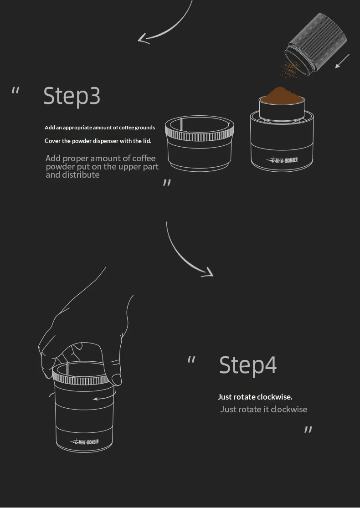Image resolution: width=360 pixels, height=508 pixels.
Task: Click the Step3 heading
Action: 72,96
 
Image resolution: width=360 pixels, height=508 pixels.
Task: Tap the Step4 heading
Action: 248,365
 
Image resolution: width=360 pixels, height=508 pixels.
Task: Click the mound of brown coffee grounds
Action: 282,95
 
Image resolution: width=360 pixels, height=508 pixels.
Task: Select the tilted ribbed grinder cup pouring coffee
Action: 316,44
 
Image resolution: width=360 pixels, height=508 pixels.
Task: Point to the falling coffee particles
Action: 290,70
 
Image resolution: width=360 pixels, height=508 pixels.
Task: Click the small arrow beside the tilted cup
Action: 342,61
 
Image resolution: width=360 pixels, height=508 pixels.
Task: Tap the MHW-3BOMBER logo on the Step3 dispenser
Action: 282,160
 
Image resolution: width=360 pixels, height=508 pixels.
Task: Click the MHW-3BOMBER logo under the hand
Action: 85,441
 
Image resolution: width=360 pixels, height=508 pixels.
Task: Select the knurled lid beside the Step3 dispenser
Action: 200,144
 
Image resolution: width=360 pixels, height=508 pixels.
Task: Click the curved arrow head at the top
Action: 143,39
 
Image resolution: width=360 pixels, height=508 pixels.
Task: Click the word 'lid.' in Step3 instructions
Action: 147,141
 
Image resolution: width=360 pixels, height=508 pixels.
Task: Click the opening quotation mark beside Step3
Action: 15,90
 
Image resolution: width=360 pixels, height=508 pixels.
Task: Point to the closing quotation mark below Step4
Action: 308,430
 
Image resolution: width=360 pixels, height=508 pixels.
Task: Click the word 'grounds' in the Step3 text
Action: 145,128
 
